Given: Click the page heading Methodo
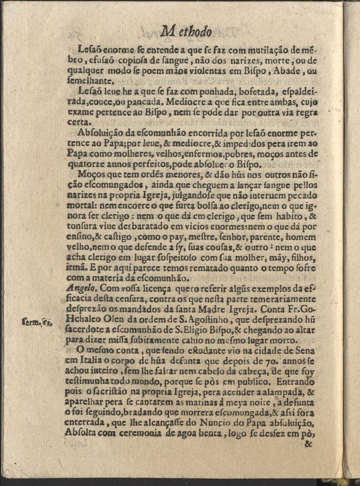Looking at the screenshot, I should (187, 32).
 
